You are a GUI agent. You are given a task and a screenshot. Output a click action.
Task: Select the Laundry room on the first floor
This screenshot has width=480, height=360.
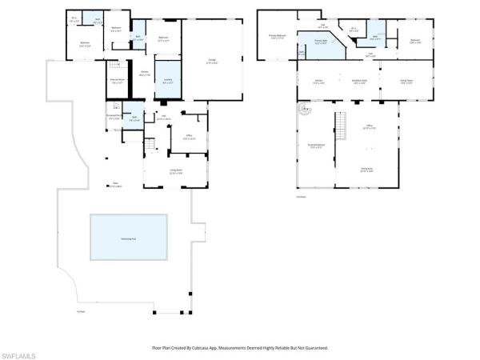click(x=169, y=80)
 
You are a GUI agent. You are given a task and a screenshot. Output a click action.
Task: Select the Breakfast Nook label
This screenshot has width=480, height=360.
click(x=360, y=82)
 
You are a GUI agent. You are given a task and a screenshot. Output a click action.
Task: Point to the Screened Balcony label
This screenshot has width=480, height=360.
click(x=317, y=146)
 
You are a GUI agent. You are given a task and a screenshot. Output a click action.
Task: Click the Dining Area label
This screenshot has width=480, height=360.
click(x=366, y=170)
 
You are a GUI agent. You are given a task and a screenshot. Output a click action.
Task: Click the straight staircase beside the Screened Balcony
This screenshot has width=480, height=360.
click(x=342, y=125)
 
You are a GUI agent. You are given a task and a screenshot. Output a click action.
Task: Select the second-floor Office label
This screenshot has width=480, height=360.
click(x=370, y=126)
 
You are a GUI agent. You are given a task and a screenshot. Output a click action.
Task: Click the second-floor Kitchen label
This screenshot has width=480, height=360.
click(x=318, y=82)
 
